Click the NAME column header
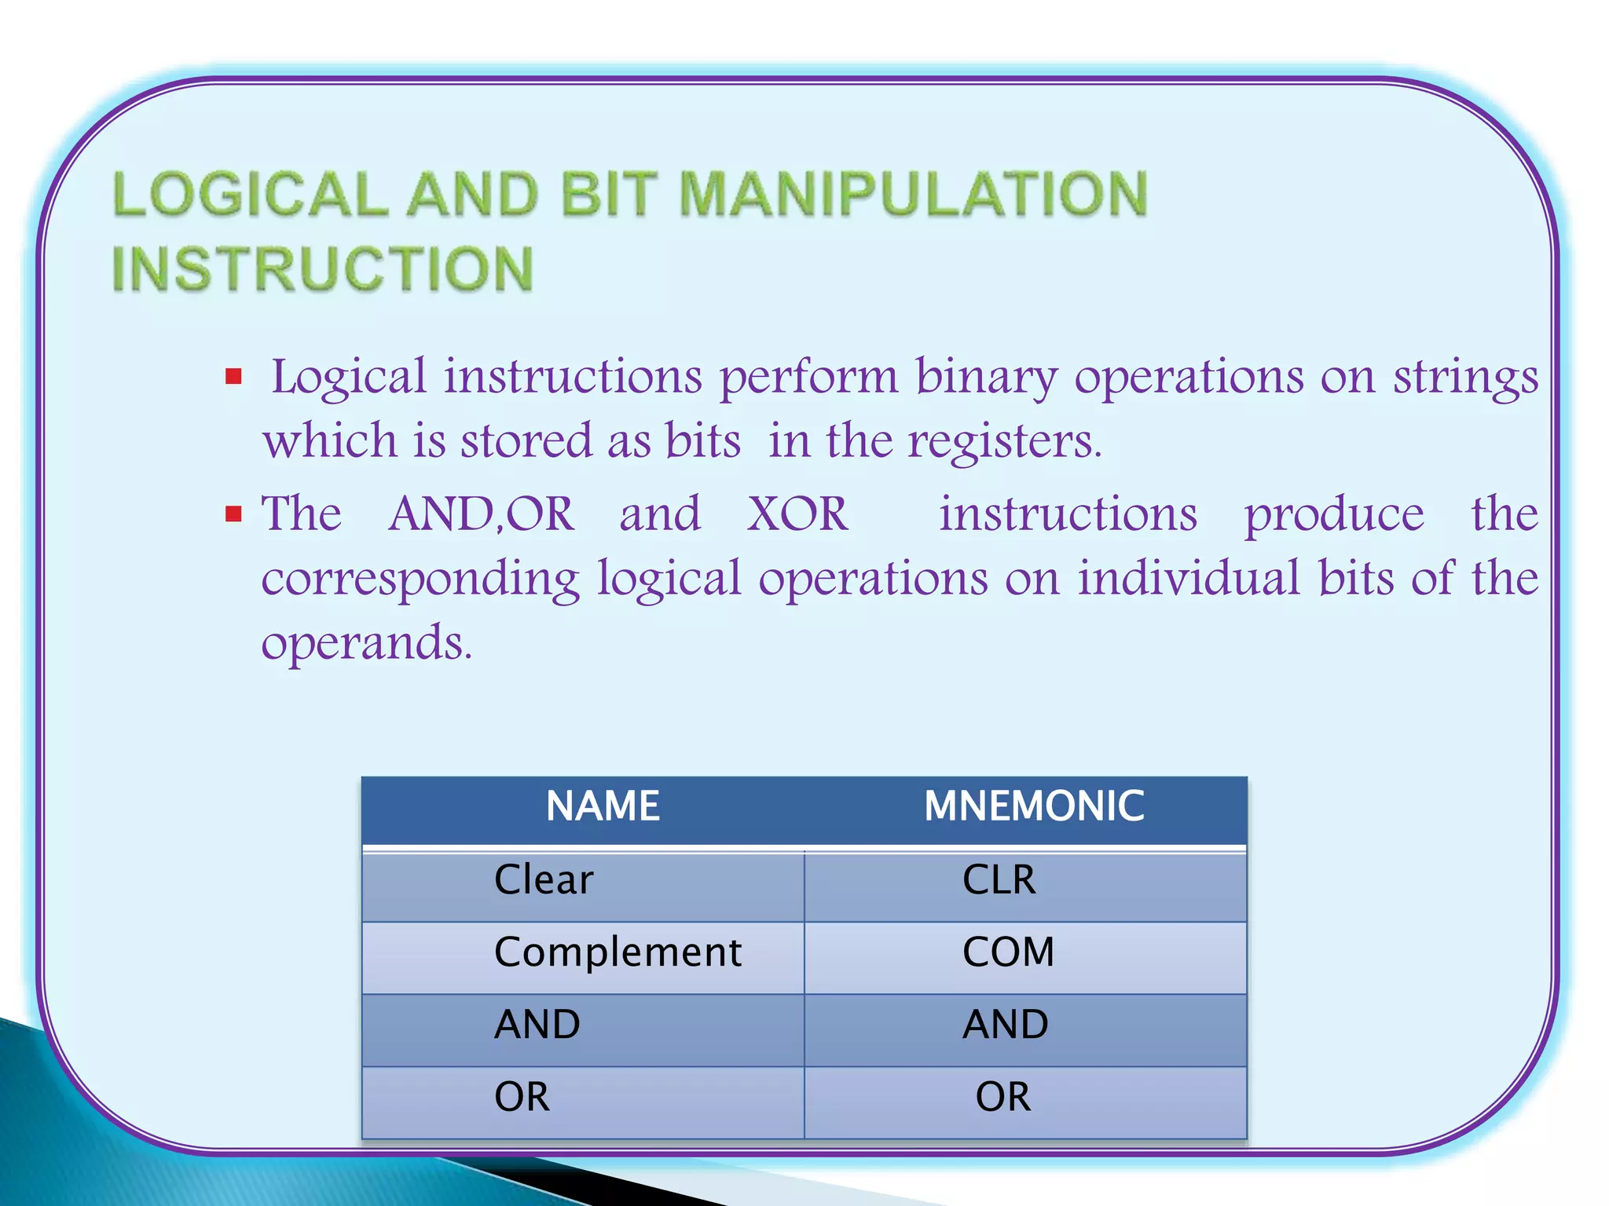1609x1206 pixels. [603, 806]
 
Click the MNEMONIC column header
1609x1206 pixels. [1034, 806]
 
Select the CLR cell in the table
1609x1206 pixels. [999, 880]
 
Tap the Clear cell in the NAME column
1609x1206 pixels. [544, 880]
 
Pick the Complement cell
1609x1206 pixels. [618, 952]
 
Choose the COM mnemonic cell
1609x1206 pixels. [1008, 952]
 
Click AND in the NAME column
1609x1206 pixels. [537, 1025]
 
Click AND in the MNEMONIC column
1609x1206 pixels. [1006, 1025]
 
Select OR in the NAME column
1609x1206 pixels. [522, 1097]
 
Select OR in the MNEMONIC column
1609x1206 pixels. [1002, 1097]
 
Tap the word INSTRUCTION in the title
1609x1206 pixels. [323, 269]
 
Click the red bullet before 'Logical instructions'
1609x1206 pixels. [233, 377]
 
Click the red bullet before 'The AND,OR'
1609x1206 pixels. [233, 514]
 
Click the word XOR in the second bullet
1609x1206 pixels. [797, 514]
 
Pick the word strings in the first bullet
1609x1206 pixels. [1465, 378]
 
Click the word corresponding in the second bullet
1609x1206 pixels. [420, 579]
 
